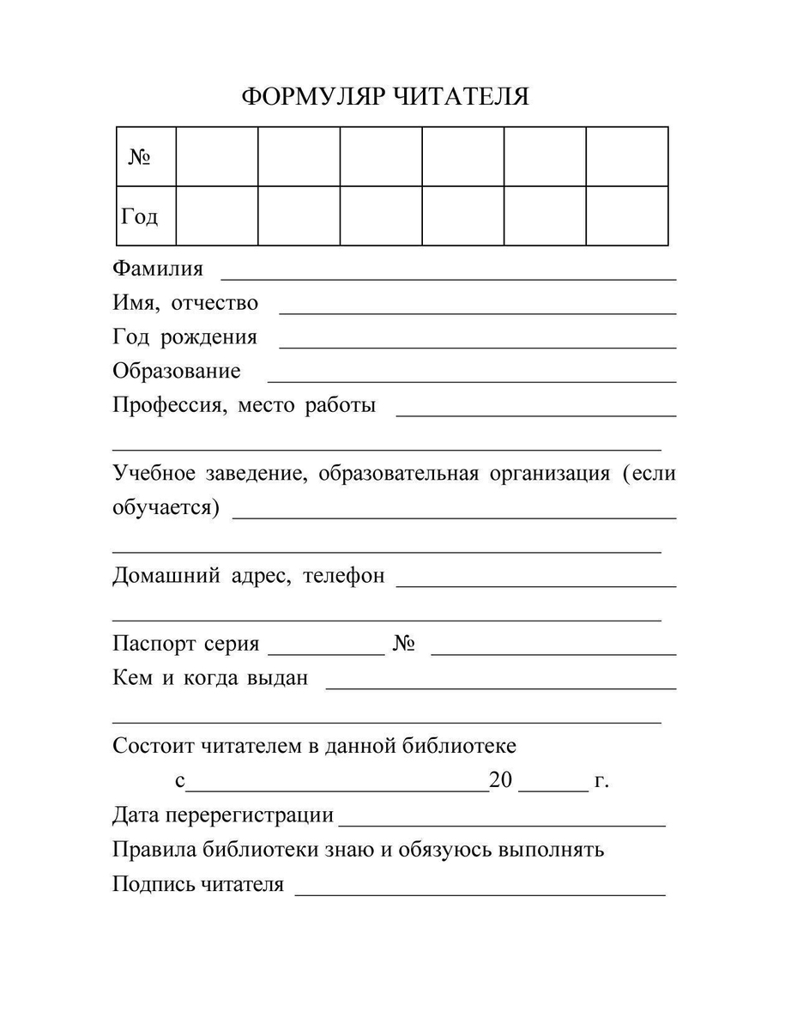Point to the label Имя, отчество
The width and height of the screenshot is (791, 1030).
click(185, 303)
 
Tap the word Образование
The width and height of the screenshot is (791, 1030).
click(177, 372)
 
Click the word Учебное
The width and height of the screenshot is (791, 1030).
click(154, 474)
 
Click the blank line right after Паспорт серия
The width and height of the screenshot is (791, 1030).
click(327, 653)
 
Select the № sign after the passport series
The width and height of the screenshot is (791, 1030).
click(405, 645)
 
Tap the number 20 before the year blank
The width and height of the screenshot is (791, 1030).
click(500, 781)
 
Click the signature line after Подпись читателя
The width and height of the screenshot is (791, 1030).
click(480, 894)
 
